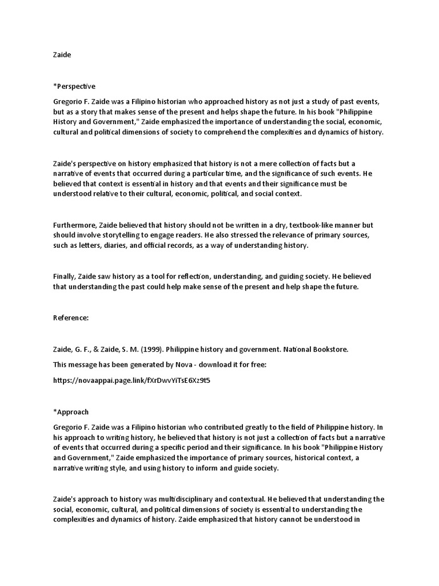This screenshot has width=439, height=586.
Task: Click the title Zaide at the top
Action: click(62, 56)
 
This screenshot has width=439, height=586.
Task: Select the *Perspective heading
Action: click(74, 87)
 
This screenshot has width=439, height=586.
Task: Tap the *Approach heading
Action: click(71, 411)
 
